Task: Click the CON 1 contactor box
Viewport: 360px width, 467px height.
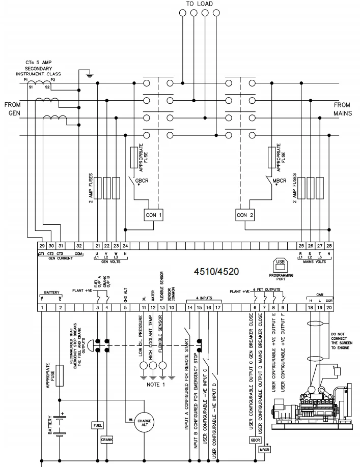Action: (x=153, y=215)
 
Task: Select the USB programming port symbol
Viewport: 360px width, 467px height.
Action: (x=280, y=265)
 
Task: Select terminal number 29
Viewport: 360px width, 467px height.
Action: (x=42, y=246)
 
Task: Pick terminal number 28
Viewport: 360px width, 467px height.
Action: (x=329, y=246)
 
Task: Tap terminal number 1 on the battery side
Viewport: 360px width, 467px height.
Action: (x=42, y=307)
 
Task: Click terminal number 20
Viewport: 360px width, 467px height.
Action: (x=329, y=307)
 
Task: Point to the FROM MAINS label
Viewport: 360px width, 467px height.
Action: (x=342, y=109)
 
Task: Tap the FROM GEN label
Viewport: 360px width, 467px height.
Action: (x=13, y=109)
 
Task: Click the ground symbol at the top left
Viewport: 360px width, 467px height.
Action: (x=89, y=75)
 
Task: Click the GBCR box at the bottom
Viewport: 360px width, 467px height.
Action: (x=255, y=440)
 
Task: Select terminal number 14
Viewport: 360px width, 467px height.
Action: (x=189, y=307)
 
